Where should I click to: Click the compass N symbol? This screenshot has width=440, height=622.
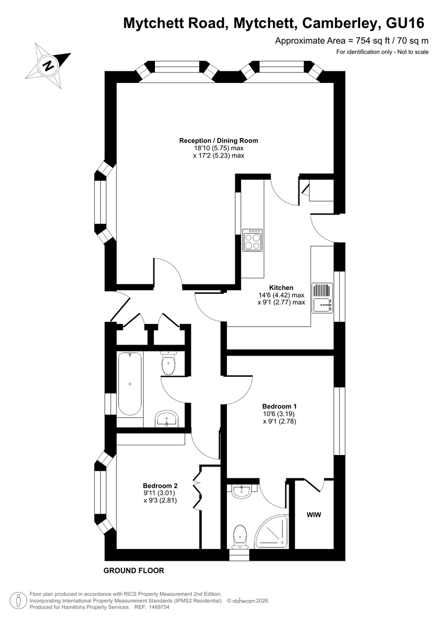point(48,66)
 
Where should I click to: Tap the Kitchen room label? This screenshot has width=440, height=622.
point(281,287)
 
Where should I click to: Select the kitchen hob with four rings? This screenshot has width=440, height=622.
point(252,240)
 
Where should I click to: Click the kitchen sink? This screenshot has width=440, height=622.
point(322,298)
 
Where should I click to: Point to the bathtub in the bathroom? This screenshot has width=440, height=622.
point(130,384)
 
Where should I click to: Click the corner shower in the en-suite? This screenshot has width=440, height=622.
point(272,531)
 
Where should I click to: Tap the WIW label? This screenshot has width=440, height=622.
point(314,515)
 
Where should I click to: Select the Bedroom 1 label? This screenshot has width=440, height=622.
point(279,406)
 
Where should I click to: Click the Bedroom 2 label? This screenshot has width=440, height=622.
point(160,486)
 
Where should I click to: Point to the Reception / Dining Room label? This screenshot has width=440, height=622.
point(219,140)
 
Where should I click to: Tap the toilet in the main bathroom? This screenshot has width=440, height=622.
point(168,363)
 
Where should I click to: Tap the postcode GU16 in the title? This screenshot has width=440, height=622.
point(405,23)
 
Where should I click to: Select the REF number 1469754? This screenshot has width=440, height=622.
point(159,607)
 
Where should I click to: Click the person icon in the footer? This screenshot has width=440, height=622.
point(19,601)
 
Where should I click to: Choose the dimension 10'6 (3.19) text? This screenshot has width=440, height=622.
point(279,414)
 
